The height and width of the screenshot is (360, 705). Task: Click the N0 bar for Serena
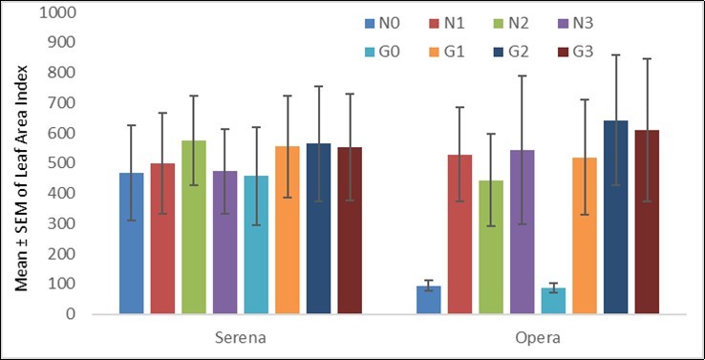pos(131,244)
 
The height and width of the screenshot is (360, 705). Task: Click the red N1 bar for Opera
pos(459,234)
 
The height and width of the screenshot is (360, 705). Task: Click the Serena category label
pos(240,337)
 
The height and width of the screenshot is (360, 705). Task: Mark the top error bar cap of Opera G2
pos(616,55)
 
